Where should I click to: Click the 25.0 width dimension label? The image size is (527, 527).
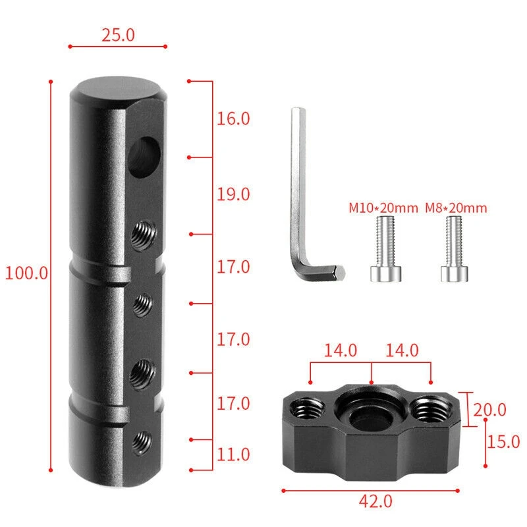tap(118, 35)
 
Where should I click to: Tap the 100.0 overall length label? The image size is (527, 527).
tap(27, 273)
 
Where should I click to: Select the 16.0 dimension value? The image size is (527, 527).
tap(234, 119)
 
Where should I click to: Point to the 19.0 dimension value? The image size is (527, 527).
tap(234, 194)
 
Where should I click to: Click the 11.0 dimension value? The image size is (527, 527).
tap(234, 454)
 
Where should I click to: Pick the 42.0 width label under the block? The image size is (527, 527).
tap(375, 501)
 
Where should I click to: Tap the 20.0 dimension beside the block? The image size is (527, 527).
tap(489, 410)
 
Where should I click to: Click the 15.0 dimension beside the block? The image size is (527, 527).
tap(503, 441)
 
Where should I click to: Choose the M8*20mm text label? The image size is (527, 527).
tap(456, 209)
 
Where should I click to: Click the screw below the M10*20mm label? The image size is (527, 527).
tap(383, 250)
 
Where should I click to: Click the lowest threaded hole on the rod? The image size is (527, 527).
tap(141, 439)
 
